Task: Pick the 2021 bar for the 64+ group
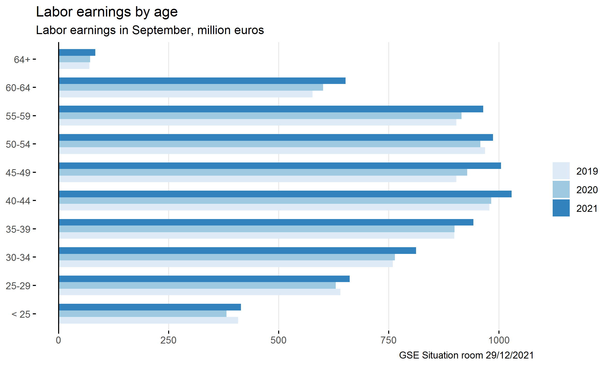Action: [x=77, y=52]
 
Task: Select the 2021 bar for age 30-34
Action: [x=237, y=251]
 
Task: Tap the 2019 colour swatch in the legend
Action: [x=561, y=171]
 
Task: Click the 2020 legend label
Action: [x=587, y=190]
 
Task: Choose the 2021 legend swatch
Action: [x=561, y=208]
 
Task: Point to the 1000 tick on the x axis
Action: [x=499, y=340]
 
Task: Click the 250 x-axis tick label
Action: [x=168, y=340]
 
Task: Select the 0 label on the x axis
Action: [x=58, y=340]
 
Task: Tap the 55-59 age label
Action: [x=18, y=116]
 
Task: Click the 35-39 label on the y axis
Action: [x=18, y=229]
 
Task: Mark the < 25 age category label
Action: [x=21, y=314]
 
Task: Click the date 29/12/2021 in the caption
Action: [x=510, y=355]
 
